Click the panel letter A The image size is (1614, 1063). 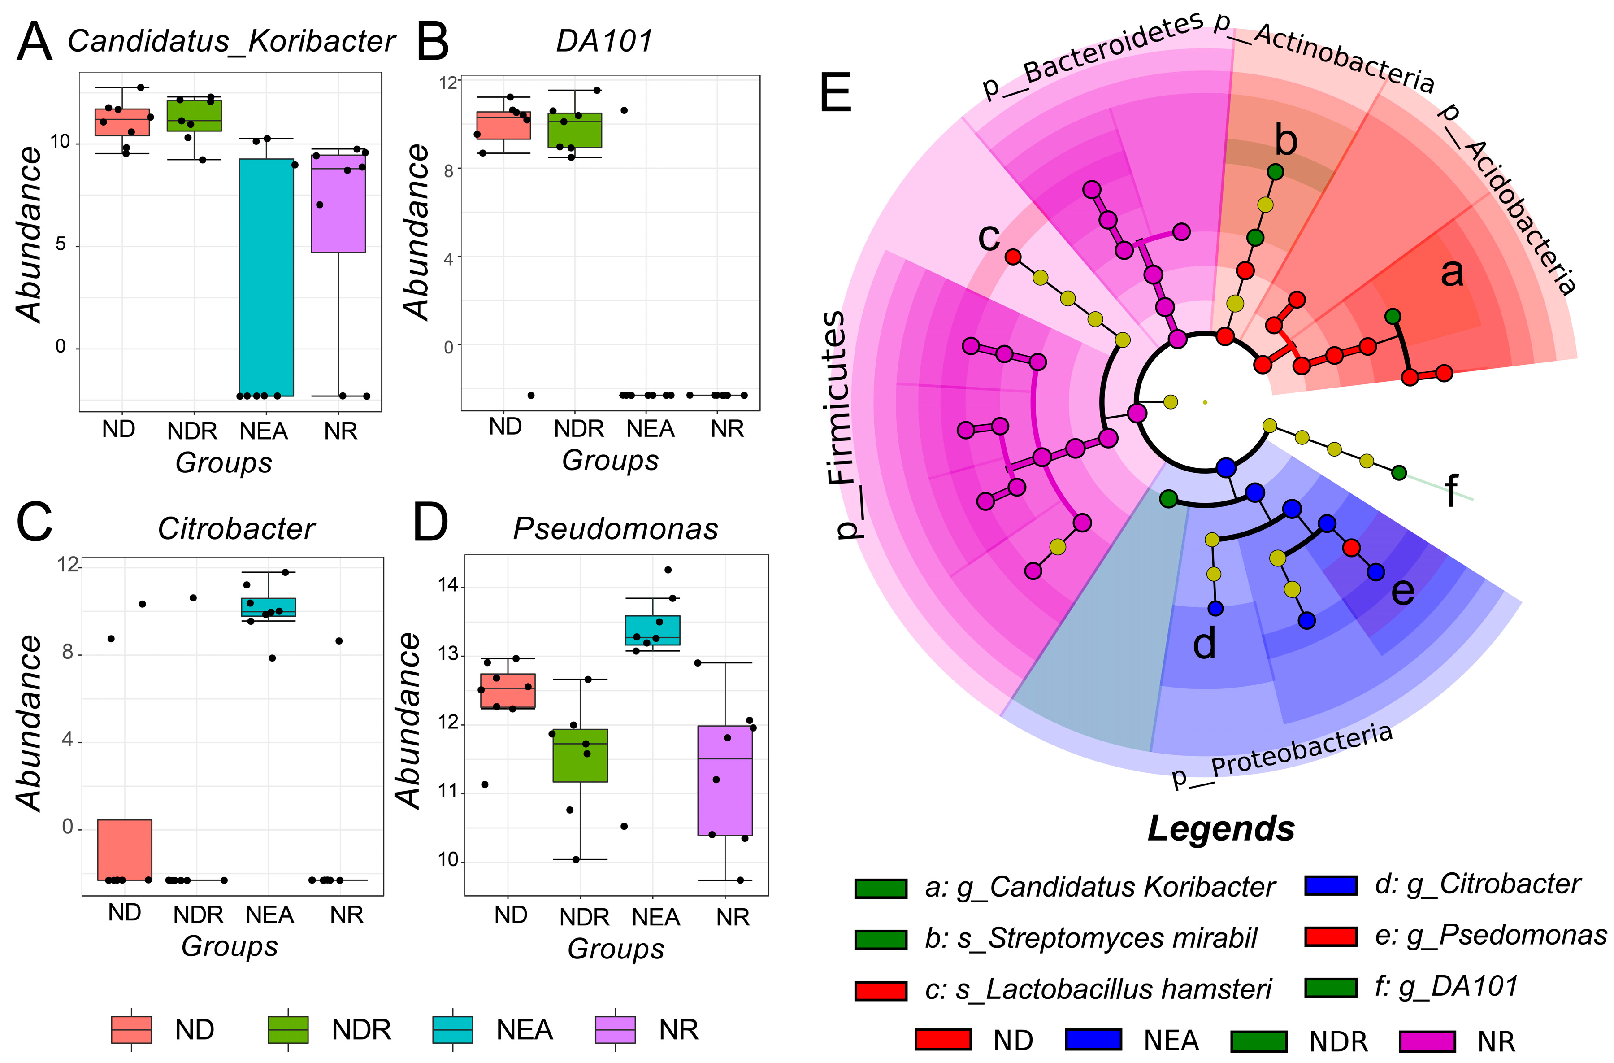click(34, 42)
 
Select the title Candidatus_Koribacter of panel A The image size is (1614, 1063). click(231, 41)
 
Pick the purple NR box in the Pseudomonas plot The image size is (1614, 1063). click(725, 780)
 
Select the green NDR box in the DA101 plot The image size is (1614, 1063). click(576, 130)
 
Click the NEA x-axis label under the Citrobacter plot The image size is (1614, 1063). click(270, 915)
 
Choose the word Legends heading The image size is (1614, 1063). click(1221, 829)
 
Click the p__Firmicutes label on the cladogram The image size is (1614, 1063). click(839, 424)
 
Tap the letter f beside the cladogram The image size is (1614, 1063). click(1451, 491)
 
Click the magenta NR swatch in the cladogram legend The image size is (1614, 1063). click(1427, 1040)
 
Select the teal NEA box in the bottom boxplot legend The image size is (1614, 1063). click(452, 1029)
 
